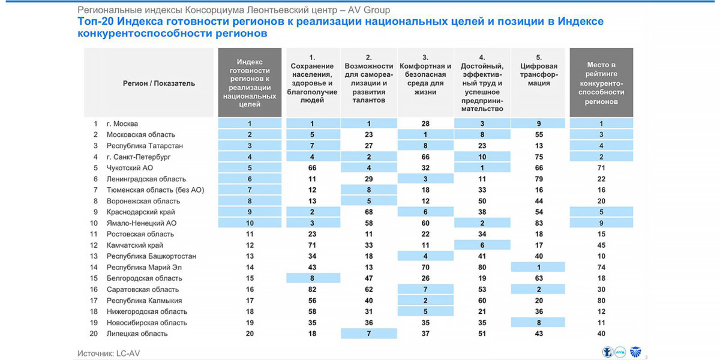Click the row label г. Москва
(122, 124)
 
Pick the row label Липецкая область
(137, 334)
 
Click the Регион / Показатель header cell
(159, 83)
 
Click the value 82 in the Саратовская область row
(312, 289)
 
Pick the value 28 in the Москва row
(425, 124)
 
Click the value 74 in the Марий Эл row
(601, 267)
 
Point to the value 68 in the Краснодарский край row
(368, 212)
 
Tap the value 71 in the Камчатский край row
(312, 245)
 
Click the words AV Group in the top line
(368, 10)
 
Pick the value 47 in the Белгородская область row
(368, 278)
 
